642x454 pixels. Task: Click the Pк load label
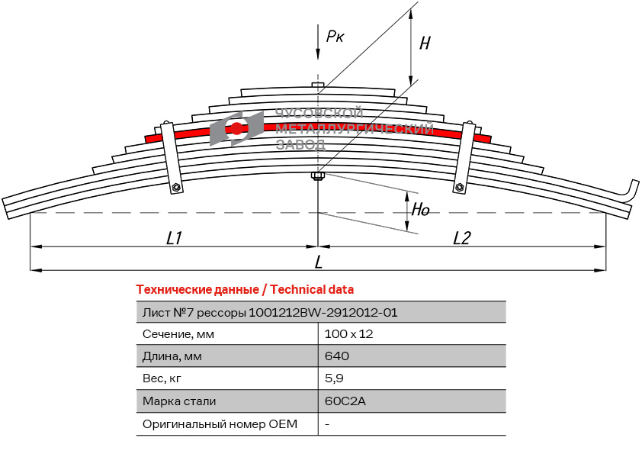point(335,36)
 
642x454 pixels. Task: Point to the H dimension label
point(425,43)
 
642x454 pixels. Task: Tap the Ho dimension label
point(421,210)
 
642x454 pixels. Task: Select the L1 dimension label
point(174,238)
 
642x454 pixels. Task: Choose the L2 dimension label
point(461,238)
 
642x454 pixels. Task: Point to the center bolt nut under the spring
point(318,178)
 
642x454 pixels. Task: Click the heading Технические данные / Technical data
point(245,289)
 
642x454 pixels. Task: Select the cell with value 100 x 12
point(348,333)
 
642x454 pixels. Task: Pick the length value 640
point(336,356)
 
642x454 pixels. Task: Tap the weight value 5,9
point(333,378)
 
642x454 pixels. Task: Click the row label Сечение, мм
point(178,333)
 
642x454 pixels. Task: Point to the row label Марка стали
point(179,401)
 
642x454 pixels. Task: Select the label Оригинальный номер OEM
point(220,423)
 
